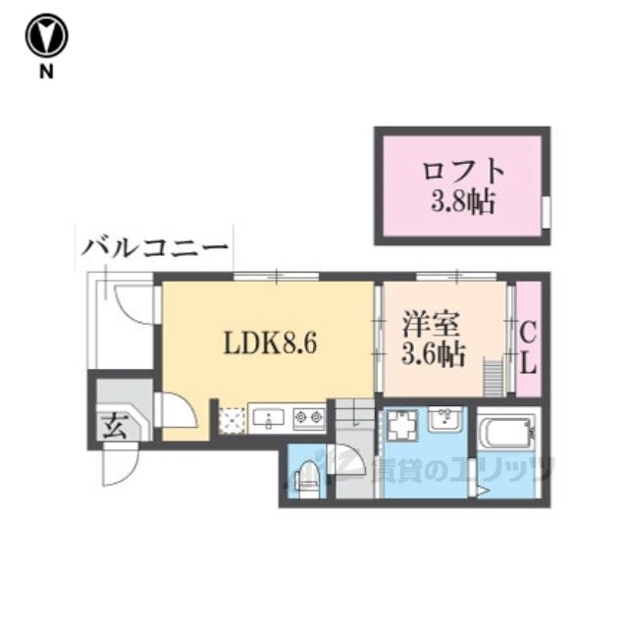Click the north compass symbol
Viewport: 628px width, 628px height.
[x=44, y=36]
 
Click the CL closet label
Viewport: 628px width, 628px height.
[x=527, y=348]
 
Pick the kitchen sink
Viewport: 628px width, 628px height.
[x=266, y=419]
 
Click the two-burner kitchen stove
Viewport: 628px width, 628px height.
[x=309, y=419]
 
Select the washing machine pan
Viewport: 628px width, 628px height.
[x=402, y=429]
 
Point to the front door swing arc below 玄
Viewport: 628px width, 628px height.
[x=118, y=468]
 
